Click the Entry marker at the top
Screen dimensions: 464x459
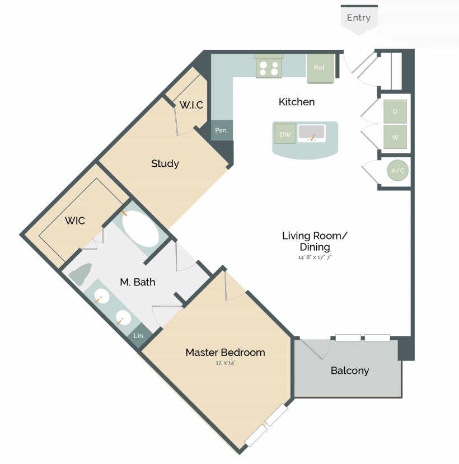pyautogui.click(x=359, y=18)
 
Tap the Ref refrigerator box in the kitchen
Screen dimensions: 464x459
pyautogui.click(x=320, y=68)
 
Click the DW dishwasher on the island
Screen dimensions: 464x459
pyautogui.click(x=285, y=134)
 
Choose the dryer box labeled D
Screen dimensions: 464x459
pyautogui.click(x=395, y=112)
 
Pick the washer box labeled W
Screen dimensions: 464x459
pyautogui.click(x=395, y=137)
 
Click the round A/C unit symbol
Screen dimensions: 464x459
pyautogui.click(x=398, y=171)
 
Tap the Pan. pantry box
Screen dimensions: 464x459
pyautogui.click(x=222, y=130)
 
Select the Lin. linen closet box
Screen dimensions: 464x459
pyautogui.click(x=139, y=335)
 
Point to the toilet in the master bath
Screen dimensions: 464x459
pyautogui.click(x=82, y=273)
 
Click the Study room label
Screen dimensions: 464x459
pyautogui.click(x=165, y=163)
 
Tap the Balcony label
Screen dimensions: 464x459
pyautogui.click(x=349, y=370)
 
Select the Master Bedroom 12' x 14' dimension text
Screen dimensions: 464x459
pyautogui.click(x=225, y=363)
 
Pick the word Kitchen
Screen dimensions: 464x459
pyautogui.click(x=297, y=102)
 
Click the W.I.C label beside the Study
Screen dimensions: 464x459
pyautogui.click(x=191, y=105)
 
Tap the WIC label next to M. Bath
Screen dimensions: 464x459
pyautogui.click(x=75, y=221)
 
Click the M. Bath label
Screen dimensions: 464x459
pyautogui.click(x=138, y=282)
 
